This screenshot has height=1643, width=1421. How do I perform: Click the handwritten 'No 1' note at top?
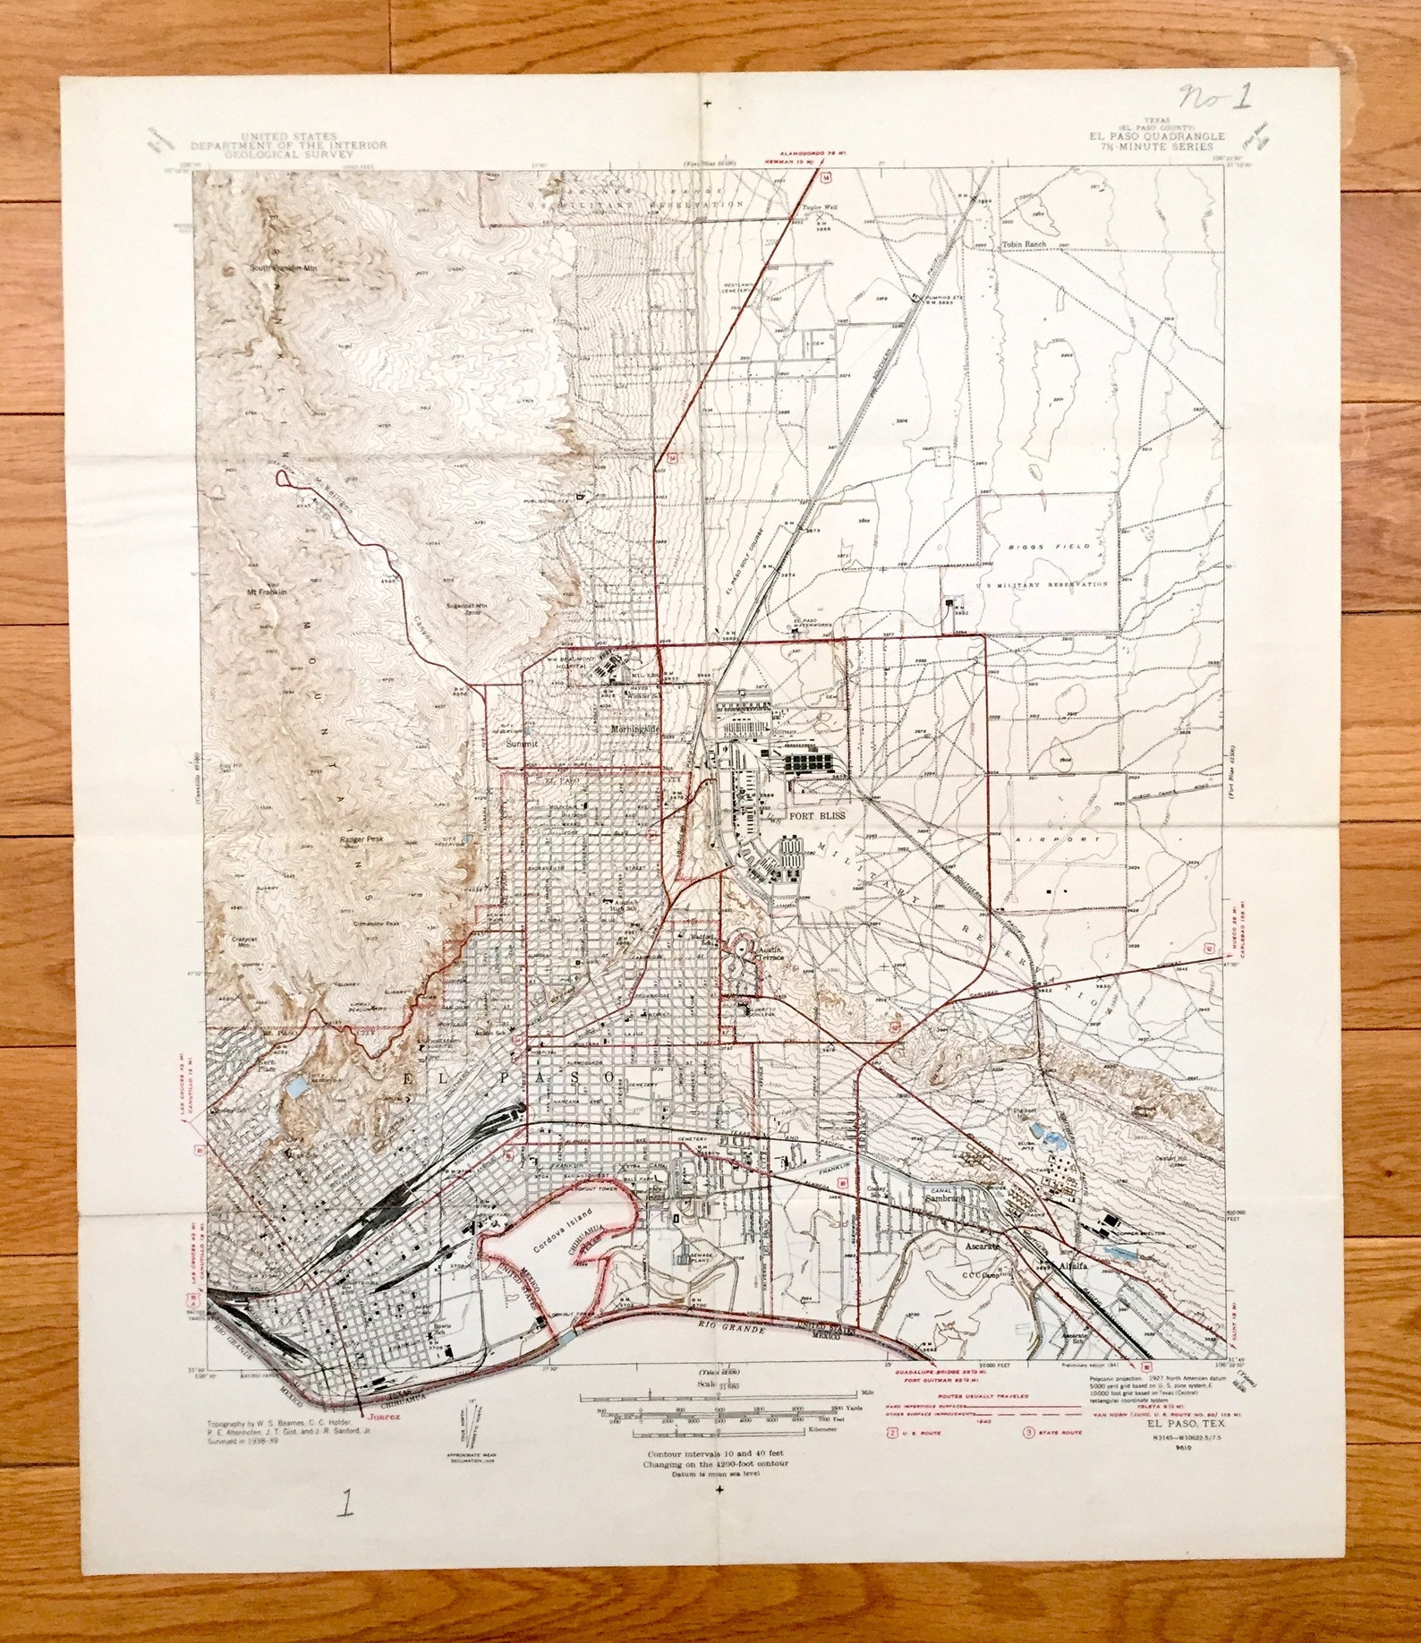pyautogui.click(x=1214, y=96)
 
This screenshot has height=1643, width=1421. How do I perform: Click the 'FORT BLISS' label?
pyautogui.click(x=815, y=816)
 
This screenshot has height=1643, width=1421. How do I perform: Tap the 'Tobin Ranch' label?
pyautogui.click(x=1024, y=244)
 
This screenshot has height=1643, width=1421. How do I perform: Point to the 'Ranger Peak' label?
pyautogui.click(x=362, y=839)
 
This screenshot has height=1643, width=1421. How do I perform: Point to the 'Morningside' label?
pyautogui.click(x=634, y=728)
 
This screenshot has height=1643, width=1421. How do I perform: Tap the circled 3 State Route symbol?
pyautogui.click(x=1028, y=1433)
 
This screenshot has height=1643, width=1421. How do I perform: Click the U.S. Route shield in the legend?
pyautogui.click(x=891, y=1433)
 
